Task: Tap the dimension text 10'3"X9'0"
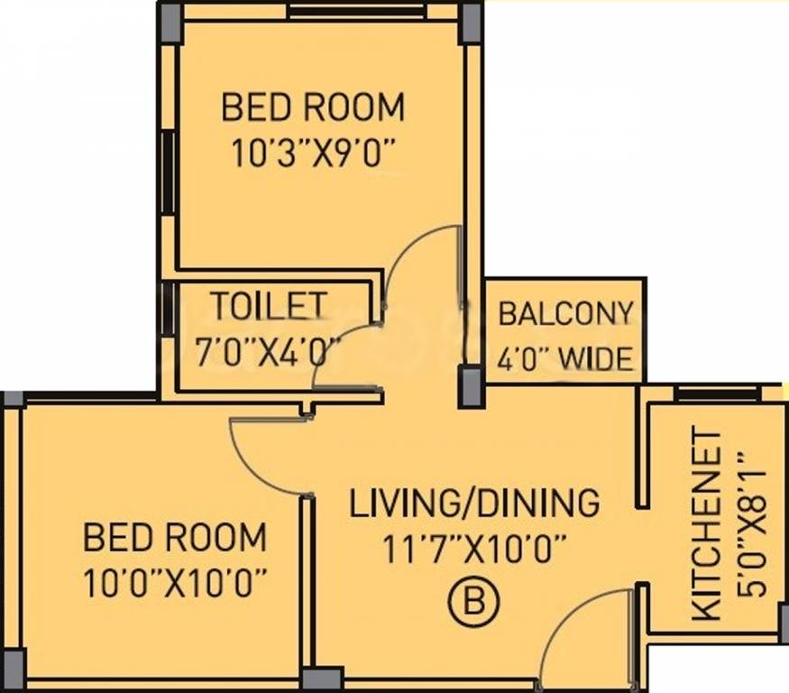[313, 153]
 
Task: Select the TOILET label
[270, 306]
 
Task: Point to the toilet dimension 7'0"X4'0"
[268, 353]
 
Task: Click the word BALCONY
[565, 313]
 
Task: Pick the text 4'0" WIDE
[565, 359]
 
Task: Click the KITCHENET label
[707, 523]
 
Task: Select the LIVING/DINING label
[474, 503]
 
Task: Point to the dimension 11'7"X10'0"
[474, 550]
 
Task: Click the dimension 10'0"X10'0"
[175, 583]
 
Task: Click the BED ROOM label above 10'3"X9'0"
[313, 106]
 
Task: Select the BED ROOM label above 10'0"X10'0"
[175, 537]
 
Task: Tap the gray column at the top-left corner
[170, 23]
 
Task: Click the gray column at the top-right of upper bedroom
[472, 23]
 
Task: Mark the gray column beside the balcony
[470, 386]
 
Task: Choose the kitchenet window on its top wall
[717, 393]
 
